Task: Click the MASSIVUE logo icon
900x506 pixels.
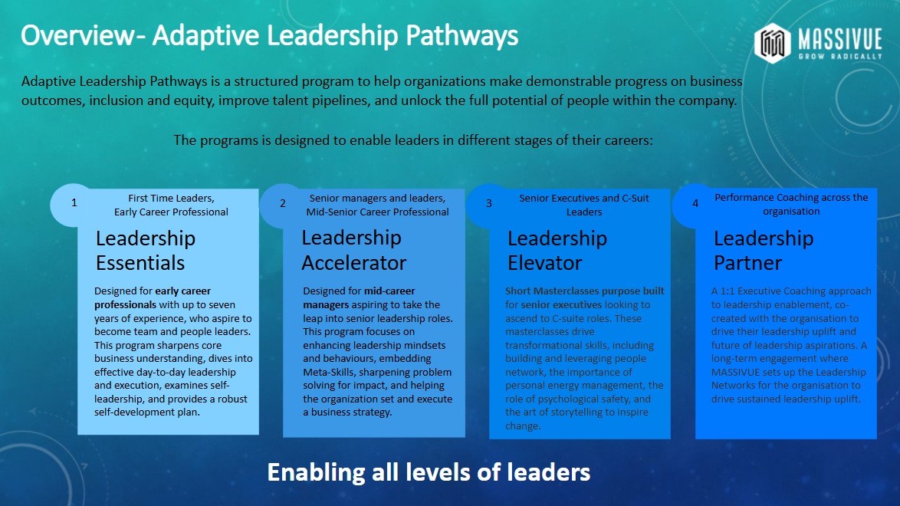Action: pos(772,43)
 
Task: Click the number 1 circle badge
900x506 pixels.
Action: pos(74,203)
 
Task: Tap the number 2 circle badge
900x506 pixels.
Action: pos(282,203)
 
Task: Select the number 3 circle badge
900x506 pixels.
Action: pos(489,203)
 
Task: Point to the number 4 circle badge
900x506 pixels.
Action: pos(695,203)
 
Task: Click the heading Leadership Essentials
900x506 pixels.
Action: pos(145,251)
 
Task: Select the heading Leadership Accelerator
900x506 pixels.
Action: pos(353,251)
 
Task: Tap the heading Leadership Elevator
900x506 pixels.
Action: pos(557,251)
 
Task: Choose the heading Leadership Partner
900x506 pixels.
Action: pos(763,251)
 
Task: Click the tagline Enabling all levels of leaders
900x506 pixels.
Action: pos(429,472)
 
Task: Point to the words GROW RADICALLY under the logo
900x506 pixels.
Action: pos(841,55)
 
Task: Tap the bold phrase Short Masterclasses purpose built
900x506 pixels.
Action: pos(584,291)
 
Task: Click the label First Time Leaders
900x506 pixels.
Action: pos(171,199)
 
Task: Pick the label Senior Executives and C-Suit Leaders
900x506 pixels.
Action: pos(583,205)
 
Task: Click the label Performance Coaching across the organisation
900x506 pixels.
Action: pos(791,204)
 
